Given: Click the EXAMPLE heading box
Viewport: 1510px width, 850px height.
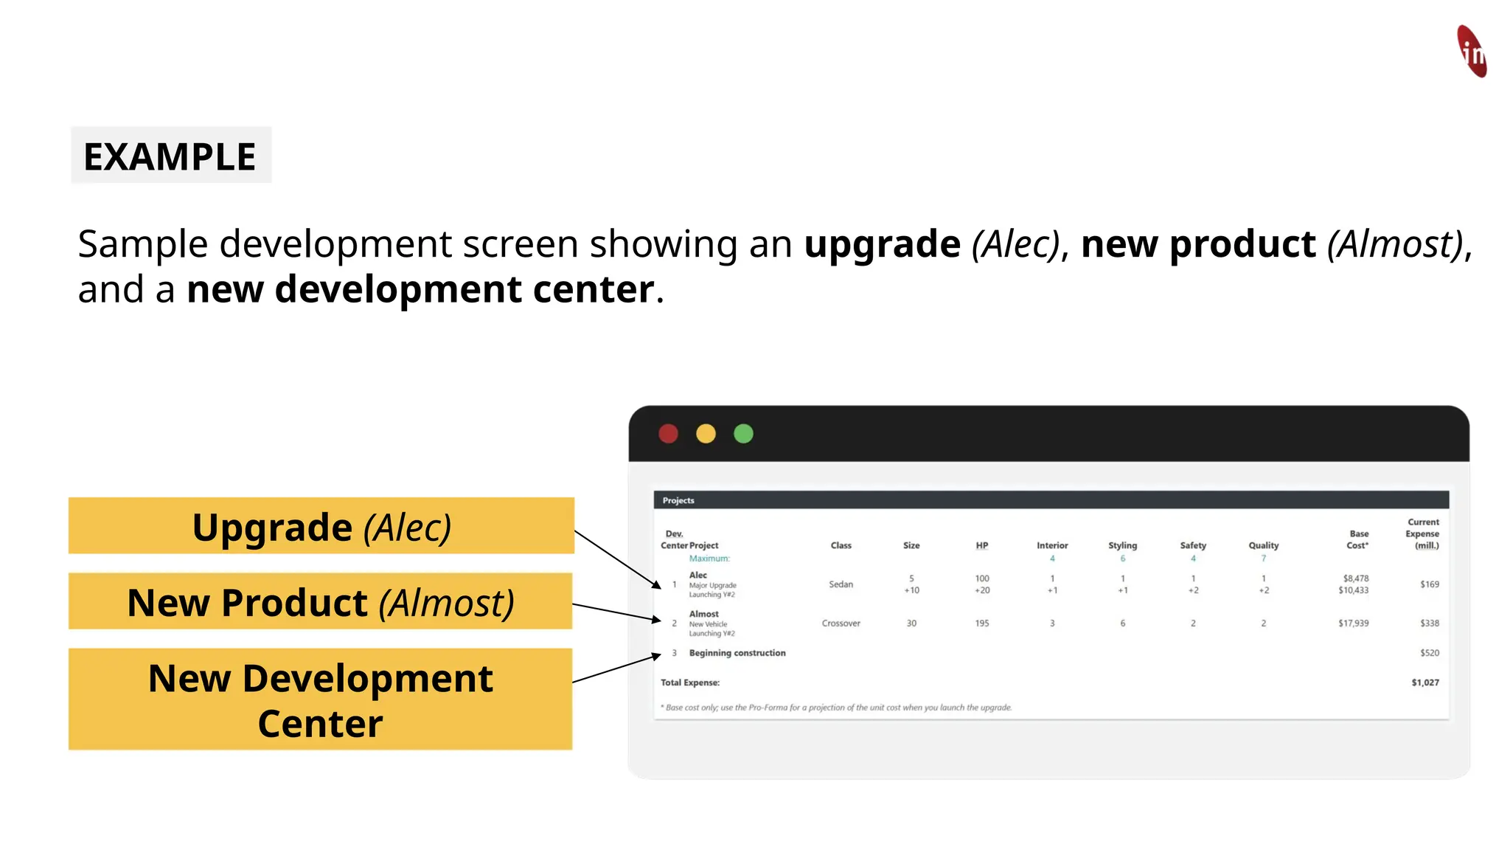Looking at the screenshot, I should pyautogui.click(x=171, y=156).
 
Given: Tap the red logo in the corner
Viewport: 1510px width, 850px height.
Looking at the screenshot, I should pyautogui.click(x=1472, y=51).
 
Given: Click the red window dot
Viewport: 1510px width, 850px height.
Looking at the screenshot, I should pyautogui.click(x=668, y=434).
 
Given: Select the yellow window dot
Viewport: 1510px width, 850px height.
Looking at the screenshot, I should pyautogui.click(x=706, y=434).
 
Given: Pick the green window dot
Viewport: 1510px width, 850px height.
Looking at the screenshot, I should pyautogui.click(x=743, y=434).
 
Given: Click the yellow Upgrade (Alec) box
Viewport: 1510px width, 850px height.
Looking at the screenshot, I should pyautogui.click(x=321, y=526).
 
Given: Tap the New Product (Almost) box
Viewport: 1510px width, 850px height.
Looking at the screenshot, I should pyautogui.click(x=321, y=601).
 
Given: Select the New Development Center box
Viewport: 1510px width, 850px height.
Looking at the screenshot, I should pyautogui.click(x=321, y=699).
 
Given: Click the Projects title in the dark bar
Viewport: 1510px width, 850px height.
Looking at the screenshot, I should pyautogui.click(x=678, y=500).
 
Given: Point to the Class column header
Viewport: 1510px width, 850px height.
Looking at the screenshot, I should pyautogui.click(x=841, y=545).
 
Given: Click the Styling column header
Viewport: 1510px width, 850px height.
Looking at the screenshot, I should pyautogui.click(x=1122, y=545).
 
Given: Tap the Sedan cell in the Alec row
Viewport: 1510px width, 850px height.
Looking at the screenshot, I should pyautogui.click(x=841, y=584).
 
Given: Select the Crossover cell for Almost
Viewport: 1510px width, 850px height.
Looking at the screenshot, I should pyautogui.click(x=841, y=623).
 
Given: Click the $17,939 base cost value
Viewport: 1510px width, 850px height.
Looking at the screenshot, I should pyautogui.click(x=1353, y=623).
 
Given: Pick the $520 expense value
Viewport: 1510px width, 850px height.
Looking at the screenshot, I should pyautogui.click(x=1429, y=653).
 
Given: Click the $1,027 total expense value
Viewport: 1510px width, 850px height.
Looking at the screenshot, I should pyautogui.click(x=1424, y=683).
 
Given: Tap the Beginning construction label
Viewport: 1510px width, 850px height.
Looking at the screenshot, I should pyautogui.click(x=737, y=653).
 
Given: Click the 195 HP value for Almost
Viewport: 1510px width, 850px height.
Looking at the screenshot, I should pyautogui.click(x=981, y=623).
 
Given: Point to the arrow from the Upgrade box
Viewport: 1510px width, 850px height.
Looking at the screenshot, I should pyautogui.click(x=618, y=559).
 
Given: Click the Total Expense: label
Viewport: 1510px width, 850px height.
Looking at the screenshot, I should pyautogui.click(x=689, y=683).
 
